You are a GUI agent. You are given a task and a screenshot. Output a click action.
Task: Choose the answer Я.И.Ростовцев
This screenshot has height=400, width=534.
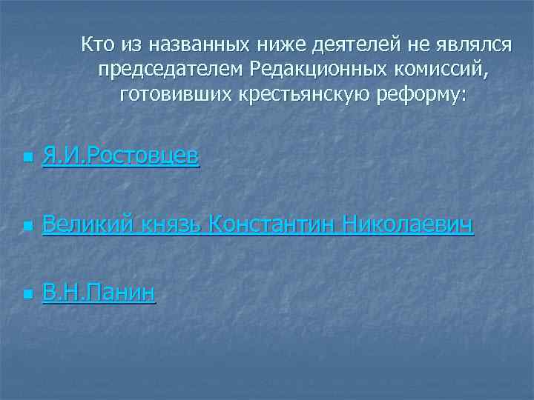click(121, 156)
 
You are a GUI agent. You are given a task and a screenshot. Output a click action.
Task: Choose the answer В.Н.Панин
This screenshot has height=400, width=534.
click(99, 293)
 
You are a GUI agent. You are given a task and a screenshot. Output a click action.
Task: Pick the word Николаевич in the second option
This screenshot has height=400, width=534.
click(409, 224)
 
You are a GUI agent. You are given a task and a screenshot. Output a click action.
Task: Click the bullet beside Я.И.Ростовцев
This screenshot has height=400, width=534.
click(27, 158)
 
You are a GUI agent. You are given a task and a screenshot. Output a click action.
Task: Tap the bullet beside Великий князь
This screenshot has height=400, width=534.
click(27, 226)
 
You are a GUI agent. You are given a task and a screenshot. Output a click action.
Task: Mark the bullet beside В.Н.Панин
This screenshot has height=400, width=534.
click(27, 296)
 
